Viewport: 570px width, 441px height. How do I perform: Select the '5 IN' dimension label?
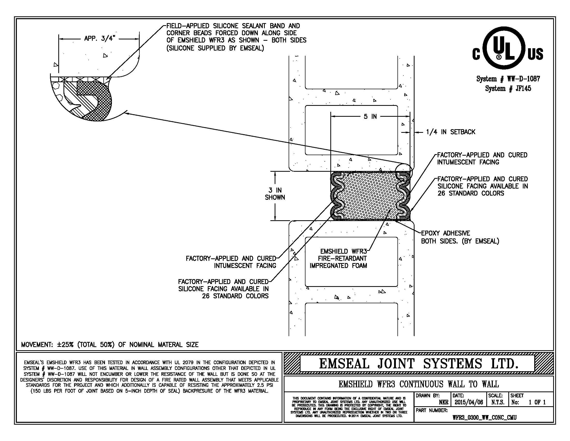tap(370, 116)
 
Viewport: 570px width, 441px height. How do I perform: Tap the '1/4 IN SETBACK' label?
tap(451, 132)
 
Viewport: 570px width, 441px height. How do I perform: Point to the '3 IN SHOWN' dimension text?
tap(275, 194)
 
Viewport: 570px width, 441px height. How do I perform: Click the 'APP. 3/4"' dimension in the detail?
tap(99, 39)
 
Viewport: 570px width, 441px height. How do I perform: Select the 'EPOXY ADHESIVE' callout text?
tap(446, 233)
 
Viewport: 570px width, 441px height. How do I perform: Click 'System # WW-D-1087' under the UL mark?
tap(508, 79)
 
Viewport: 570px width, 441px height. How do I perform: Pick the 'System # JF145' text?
tap(508, 88)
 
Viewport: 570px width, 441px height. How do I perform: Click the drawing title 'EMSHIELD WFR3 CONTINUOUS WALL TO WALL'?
tap(418, 384)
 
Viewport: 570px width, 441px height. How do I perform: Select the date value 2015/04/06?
tap(469, 402)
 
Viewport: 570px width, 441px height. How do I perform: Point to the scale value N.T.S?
tap(498, 402)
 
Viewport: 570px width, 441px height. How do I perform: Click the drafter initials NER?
tap(444, 402)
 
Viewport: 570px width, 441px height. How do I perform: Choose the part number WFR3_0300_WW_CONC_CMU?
tap(484, 417)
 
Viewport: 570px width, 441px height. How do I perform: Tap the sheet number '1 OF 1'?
tap(537, 402)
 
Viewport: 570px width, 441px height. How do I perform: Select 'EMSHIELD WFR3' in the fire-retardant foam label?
tap(344, 251)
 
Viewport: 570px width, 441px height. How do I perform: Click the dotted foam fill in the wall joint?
tap(370, 196)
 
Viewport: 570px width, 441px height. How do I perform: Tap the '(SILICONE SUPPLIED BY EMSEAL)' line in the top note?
tap(215, 48)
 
